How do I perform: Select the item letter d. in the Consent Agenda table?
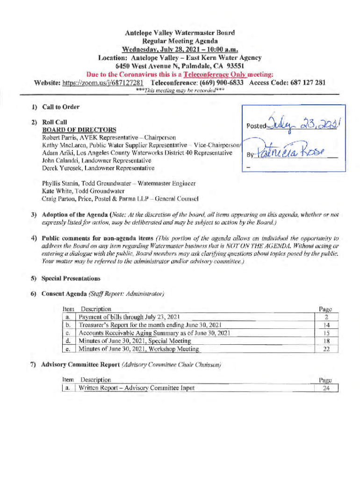(x=69, y=341)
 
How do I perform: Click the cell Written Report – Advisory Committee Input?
(x=137, y=388)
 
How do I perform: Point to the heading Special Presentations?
(x=71, y=278)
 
